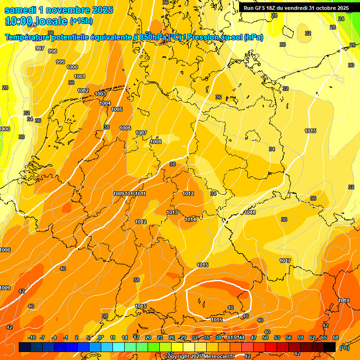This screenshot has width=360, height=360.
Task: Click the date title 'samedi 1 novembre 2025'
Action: click(x=59, y=10)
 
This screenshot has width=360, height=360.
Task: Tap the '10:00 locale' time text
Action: click(x=36, y=21)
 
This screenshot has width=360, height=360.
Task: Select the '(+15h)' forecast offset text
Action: click(x=81, y=21)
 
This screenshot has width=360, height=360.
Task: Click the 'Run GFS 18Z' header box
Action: click(x=296, y=8)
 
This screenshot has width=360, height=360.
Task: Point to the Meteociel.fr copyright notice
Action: click(x=200, y=357)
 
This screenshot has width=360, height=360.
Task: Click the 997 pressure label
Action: click(x=40, y=49)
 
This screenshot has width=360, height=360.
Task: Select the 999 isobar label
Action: click(x=60, y=62)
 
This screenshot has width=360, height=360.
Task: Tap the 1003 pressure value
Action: click(x=100, y=94)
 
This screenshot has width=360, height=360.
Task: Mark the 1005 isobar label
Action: click(x=117, y=109)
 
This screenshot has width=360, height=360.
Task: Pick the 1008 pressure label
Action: click(x=156, y=142)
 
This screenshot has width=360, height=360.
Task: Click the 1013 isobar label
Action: click(x=172, y=212)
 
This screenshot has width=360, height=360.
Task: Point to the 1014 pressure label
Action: click(x=190, y=219)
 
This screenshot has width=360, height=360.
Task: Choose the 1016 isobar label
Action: click(x=250, y=212)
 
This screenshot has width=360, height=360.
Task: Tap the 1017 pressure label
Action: click(x=285, y=261)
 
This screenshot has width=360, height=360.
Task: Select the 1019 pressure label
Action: click(x=344, y=300)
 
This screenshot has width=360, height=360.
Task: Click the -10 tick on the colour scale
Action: click(x=32, y=337)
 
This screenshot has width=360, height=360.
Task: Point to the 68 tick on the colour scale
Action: click(x=336, y=337)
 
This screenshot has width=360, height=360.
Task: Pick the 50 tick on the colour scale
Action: click(x=265, y=337)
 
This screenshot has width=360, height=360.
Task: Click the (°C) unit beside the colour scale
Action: click(x=344, y=348)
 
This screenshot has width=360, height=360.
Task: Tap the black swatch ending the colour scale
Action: click(x=330, y=347)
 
